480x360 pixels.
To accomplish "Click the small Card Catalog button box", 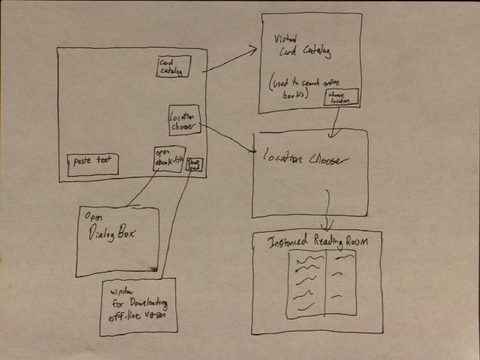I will (x=173, y=66).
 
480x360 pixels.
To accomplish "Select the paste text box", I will (x=93, y=164).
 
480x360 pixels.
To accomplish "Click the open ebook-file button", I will (x=168, y=158).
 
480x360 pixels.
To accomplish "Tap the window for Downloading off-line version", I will (x=139, y=305).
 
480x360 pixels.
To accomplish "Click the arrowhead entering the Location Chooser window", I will (x=253, y=152).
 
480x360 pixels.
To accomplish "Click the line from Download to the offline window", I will (x=175, y=220).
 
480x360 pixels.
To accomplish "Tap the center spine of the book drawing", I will (x=325, y=283).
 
